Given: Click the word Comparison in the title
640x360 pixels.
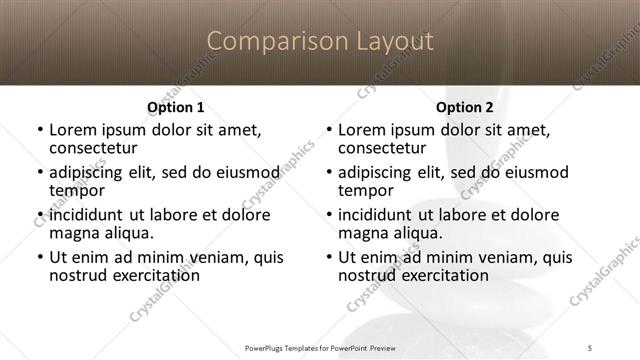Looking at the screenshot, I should coord(267,41).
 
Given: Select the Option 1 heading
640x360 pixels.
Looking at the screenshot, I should coord(176,107).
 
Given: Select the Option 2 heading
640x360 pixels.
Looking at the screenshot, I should coord(465,107).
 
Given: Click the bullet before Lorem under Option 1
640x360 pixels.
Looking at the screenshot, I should coord(39,130).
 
